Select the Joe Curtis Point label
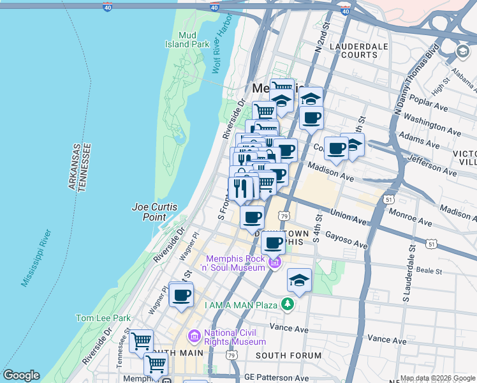point(154,212)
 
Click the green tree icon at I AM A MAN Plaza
point(289,304)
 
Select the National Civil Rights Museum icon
point(194,336)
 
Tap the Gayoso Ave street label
point(347,241)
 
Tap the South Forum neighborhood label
point(289,355)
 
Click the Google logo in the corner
point(21,375)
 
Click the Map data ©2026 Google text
point(437,378)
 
